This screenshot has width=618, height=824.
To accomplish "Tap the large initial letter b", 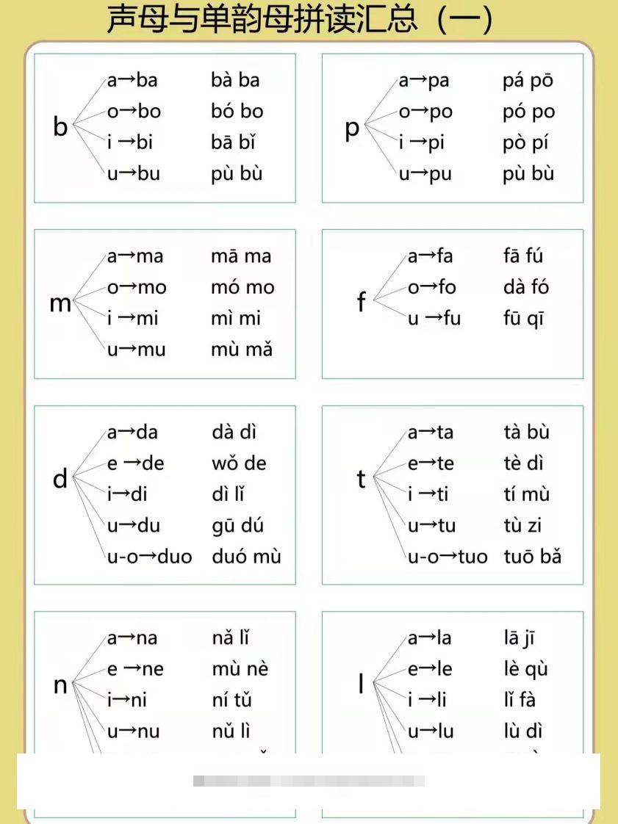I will pyautogui.click(x=60, y=127).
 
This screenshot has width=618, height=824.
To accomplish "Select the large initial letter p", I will pyautogui.click(x=352, y=129).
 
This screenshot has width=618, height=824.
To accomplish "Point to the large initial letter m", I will pyautogui.click(x=60, y=303).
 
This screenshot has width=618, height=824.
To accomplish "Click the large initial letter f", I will pyautogui.click(x=361, y=302).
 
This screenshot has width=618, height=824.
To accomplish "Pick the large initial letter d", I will pyautogui.click(x=60, y=480).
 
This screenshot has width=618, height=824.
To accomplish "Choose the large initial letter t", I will pyautogui.click(x=361, y=479).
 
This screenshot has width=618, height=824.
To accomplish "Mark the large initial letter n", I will pyautogui.click(x=60, y=685).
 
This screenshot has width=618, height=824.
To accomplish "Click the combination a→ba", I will pyautogui.click(x=132, y=80).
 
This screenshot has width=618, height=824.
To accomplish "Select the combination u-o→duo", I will pyautogui.click(x=149, y=556).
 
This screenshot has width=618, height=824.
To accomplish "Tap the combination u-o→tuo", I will pyautogui.click(x=448, y=556).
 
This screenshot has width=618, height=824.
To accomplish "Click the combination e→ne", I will pyautogui.click(x=135, y=669).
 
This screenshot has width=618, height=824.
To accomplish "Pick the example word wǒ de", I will pyautogui.click(x=239, y=463).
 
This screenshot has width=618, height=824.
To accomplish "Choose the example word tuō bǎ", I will pyautogui.click(x=532, y=556).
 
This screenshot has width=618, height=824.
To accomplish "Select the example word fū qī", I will pyautogui.click(x=523, y=319).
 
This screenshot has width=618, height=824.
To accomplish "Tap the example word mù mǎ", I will pyautogui.click(x=241, y=350).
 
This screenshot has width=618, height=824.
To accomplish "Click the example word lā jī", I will pyautogui.click(x=519, y=639).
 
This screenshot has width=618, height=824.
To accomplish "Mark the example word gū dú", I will pyautogui.click(x=237, y=526).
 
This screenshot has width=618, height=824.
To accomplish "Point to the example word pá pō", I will pyautogui.click(x=528, y=81).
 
